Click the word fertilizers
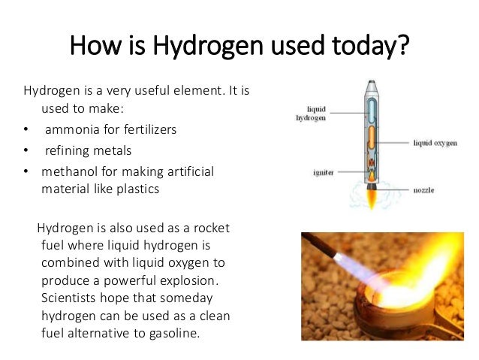click(149, 129)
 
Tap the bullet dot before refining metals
click(26, 150)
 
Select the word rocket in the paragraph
click(206, 228)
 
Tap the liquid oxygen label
click(434, 142)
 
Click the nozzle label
click(423, 191)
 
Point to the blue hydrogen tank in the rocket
click(372, 110)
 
